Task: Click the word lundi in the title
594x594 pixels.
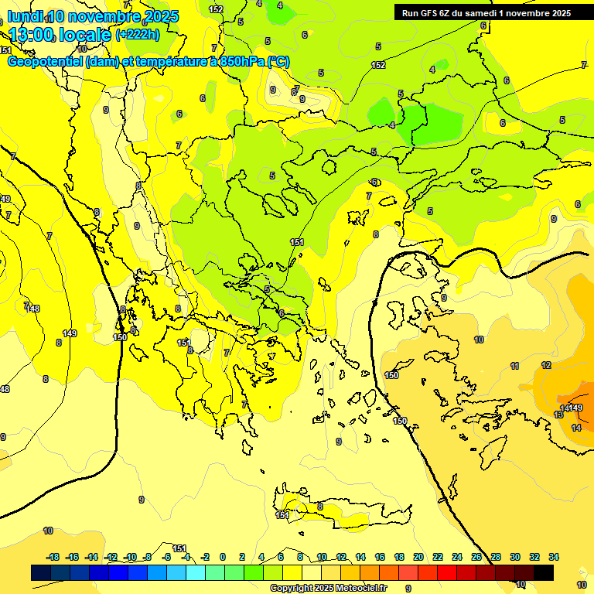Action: click(25, 16)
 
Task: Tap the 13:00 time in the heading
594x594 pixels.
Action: click(31, 35)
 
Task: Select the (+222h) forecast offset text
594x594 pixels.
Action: click(137, 34)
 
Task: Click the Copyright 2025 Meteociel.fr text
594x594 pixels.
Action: click(329, 588)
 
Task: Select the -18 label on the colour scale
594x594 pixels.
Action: click(53, 557)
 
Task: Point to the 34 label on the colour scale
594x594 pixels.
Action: click(553, 557)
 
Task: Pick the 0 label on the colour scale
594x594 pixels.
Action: click(223, 557)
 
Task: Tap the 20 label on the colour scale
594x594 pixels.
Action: click(418, 557)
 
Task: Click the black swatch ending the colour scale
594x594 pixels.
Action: click(544, 572)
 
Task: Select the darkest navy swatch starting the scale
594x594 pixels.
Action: click(41, 572)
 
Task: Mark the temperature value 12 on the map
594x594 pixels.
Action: click(546, 365)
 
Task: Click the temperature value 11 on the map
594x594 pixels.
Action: click(514, 366)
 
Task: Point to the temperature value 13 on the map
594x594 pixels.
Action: click(558, 415)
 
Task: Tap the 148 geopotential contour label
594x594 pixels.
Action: click(32, 309)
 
